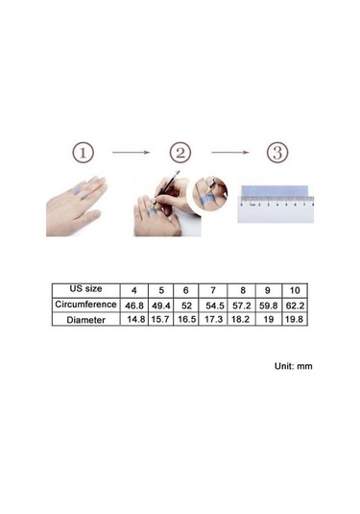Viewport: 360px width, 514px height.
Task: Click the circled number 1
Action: (x=83, y=153)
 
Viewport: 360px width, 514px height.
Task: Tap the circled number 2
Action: (x=180, y=153)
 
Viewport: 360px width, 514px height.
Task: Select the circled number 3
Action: (x=277, y=153)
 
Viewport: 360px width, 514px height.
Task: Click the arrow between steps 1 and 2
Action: (x=131, y=152)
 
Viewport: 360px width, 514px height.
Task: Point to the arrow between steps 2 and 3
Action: (x=230, y=152)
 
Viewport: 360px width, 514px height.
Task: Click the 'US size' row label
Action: (x=85, y=289)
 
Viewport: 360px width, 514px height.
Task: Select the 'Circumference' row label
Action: (x=85, y=305)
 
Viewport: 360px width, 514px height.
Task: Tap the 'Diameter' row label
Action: (x=85, y=320)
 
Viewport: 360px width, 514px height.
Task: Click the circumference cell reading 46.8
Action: (x=134, y=306)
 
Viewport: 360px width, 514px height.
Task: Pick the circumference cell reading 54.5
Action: (x=215, y=306)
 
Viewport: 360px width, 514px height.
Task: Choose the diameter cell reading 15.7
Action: (x=160, y=319)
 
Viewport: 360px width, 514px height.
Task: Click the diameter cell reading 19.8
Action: (x=294, y=319)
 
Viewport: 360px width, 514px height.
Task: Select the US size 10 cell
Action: (x=295, y=290)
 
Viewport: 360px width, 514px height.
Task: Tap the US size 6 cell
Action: (x=185, y=290)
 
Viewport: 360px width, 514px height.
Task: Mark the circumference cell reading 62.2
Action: (x=295, y=306)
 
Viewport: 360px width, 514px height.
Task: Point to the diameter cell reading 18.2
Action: (x=240, y=319)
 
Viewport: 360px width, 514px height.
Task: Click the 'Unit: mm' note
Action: (x=294, y=366)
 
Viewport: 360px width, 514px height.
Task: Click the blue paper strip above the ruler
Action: (x=275, y=191)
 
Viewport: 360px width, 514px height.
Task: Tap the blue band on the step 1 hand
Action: (x=81, y=193)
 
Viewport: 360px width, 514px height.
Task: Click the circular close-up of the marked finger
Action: (x=210, y=193)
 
